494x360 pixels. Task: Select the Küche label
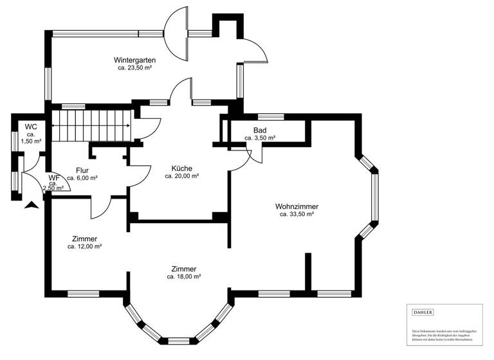tap(182, 168)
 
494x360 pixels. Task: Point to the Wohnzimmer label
tap(297, 206)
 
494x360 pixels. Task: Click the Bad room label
tap(260, 130)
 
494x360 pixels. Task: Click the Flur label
tap(82, 170)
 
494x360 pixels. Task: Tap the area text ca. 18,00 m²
tap(184, 277)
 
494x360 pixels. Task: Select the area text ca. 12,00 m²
tap(85, 246)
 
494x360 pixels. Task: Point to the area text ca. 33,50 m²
tap(297, 215)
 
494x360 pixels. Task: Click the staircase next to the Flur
tap(91, 125)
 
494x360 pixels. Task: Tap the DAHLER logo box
tap(423, 312)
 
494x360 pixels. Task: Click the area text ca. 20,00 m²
tap(182, 176)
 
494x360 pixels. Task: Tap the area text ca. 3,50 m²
tap(260, 138)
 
